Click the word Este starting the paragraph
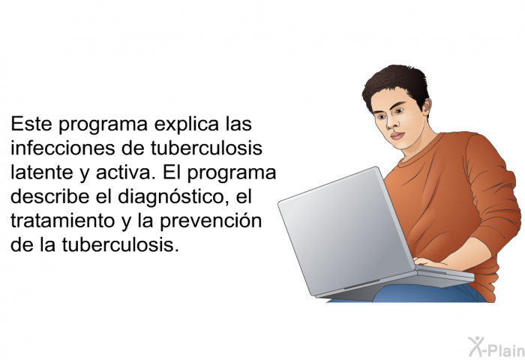click(x=31, y=124)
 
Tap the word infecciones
click(x=62, y=148)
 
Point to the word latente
click(x=42, y=172)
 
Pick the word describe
click(x=50, y=196)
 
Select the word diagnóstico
click(x=171, y=198)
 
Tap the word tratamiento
click(x=62, y=221)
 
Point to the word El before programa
click(x=172, y=172)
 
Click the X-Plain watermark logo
click(x=496, y=347)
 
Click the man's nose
click(x=390, y=124)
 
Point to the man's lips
click(x=397, y=136)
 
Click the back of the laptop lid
click(x=346, y=231)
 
